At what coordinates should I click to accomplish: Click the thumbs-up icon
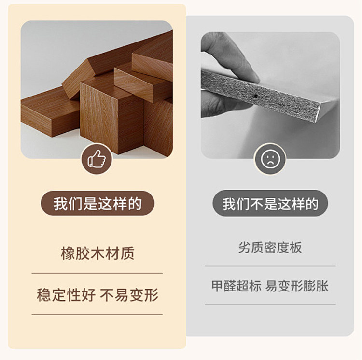[x=97, y=159]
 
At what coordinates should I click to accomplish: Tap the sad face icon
[x=270, y=159]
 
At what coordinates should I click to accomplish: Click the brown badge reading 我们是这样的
[x=97, y=203]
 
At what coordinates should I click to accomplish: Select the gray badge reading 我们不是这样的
[x=270, y=203]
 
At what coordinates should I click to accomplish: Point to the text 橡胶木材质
[x=97, y=253]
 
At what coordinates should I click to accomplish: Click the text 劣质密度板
[x=270, y=248]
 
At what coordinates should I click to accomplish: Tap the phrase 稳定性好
[x=66, y=295]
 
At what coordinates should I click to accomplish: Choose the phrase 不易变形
[x=129, y=295]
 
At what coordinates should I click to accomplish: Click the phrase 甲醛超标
[x=237, y=286]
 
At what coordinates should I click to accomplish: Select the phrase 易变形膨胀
[x=297, y=286]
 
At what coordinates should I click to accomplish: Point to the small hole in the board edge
[x=255, y=96]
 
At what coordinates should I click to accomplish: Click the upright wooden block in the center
[x=112, y=115]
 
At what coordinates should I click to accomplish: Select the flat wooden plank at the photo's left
[x=50, y=111]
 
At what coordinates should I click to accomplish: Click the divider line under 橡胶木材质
[x=97, y=273]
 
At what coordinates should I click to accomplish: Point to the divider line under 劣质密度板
[x=270, y=266]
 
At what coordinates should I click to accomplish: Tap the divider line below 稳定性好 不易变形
[x=97, y=314]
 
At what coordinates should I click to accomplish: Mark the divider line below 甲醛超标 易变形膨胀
[x=270, y=305]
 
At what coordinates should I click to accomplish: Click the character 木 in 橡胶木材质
[x=97, y=253]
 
